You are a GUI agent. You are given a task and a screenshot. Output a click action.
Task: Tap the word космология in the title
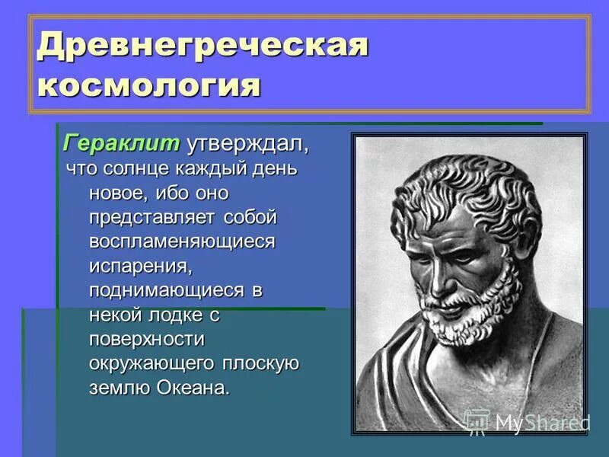click(149, 84)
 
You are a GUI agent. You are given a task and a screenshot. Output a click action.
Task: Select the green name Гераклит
click(121, 143)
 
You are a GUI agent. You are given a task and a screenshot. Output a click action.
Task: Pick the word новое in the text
click(115, 193)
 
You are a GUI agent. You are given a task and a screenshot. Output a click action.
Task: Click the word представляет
click(153, 217)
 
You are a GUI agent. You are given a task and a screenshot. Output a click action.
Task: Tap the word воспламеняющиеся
click(181, 241)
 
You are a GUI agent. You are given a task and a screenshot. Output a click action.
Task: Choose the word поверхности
click(146, 339)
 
